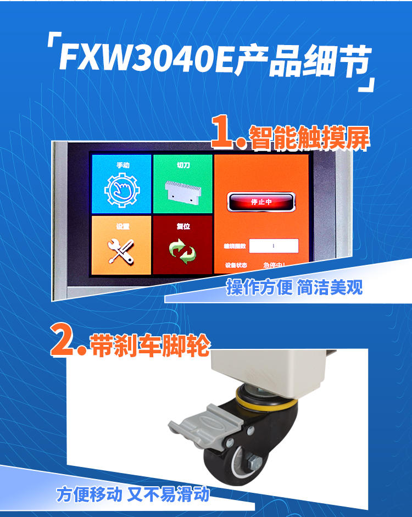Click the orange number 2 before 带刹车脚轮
[x=64, y=341]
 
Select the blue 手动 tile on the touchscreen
[x=121, y=184]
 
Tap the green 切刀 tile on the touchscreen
[x=182, y=184]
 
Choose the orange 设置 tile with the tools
[x=121, y=244]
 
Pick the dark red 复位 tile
[x=182, y=244]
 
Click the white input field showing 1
[x=274, y=246]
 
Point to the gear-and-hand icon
[x=122, y=190]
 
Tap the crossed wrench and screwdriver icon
[x=122, y=251]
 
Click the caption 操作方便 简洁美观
[x=294, y=287]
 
